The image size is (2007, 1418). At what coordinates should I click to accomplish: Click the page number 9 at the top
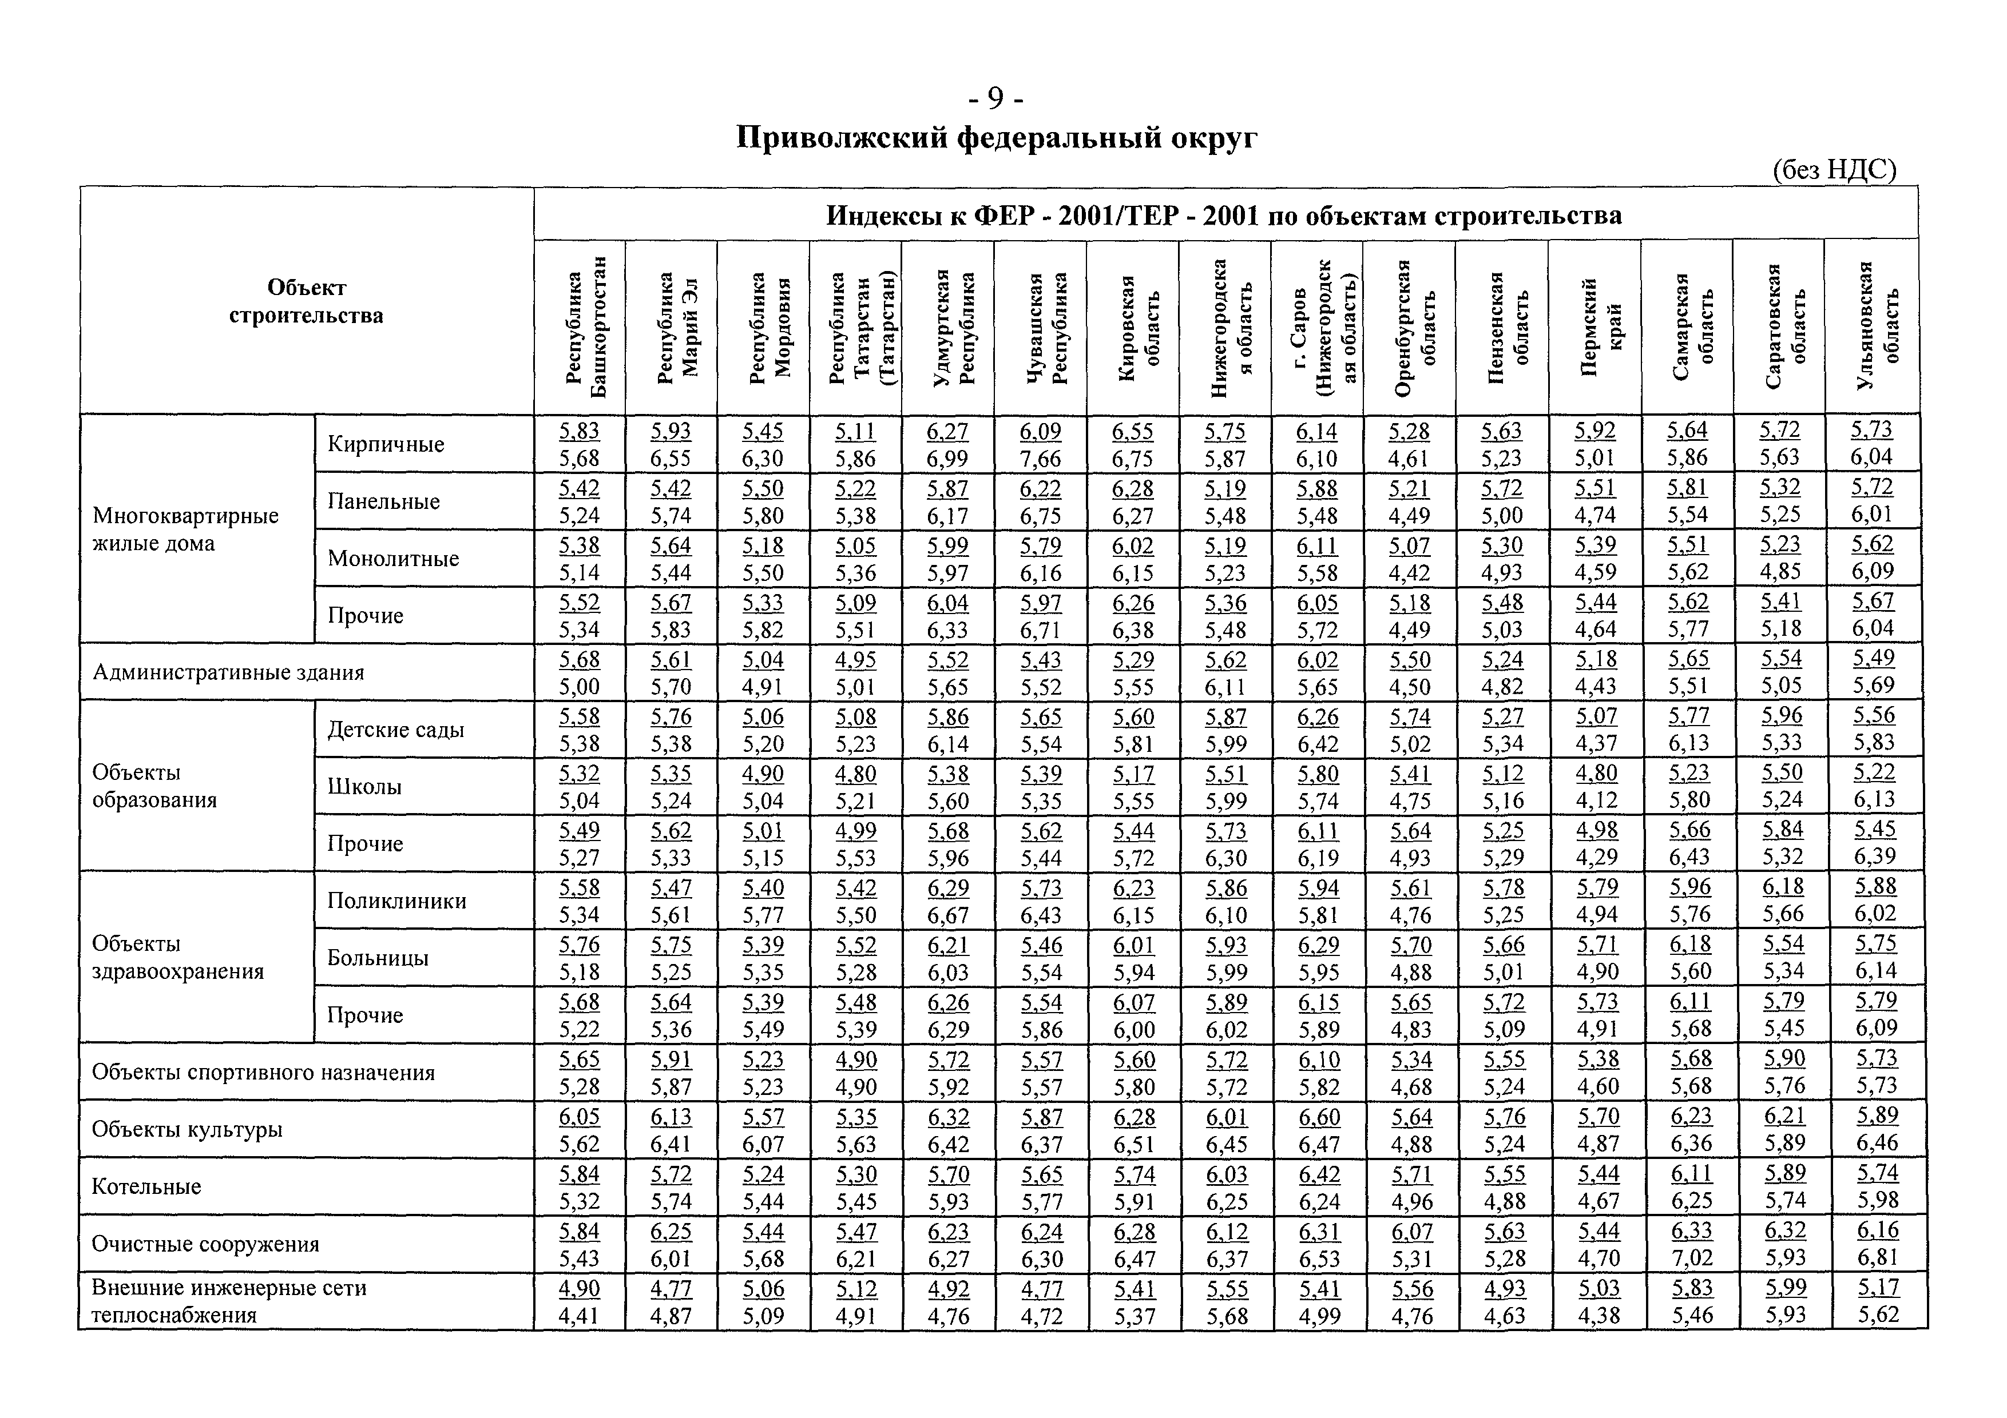(997, 99)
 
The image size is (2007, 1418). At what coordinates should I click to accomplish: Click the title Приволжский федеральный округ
(997, 138)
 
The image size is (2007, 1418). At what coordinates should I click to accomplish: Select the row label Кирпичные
(386, 444)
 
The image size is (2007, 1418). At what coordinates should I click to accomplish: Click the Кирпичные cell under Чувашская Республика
(1040, 444)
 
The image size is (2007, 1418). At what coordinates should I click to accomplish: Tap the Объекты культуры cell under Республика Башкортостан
(580, 1130)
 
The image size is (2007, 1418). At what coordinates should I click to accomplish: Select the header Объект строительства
(306, 301)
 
